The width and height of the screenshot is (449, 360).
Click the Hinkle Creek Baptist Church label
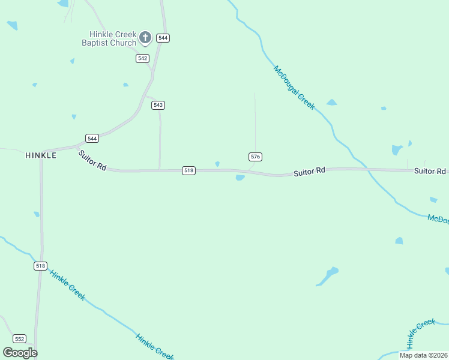tap(109, 38)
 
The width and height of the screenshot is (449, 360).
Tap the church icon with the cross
tap(145, 38)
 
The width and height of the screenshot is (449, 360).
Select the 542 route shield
tap(142, 58)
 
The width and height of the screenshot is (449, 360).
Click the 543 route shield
tap(158, 105)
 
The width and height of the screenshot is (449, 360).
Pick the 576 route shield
tap(255, 157)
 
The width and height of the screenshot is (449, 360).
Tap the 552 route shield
tap(20, 338)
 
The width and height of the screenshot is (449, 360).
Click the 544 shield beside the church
tap(163, 38)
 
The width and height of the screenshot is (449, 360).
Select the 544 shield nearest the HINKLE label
tap(92, 138)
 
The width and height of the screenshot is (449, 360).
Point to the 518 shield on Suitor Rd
tap(188, 170)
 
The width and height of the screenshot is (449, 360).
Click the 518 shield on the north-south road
tap(40, 266)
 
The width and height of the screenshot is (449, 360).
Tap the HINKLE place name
tap(41, 155)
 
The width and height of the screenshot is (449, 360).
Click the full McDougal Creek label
tap(294, 87)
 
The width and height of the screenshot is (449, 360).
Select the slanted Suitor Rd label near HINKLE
tap(92, 161)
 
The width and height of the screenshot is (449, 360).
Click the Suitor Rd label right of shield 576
tap(309, 172)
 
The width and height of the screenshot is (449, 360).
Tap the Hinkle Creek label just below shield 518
tap(67, 285)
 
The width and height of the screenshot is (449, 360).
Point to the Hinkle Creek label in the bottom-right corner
tap(421, 333)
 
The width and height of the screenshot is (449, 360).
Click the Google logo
tap(20, 353)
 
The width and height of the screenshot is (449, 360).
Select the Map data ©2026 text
tap(424, 355)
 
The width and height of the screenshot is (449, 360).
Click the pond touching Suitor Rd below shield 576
tap(240, 178)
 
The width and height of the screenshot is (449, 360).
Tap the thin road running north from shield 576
tap(255, 120)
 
